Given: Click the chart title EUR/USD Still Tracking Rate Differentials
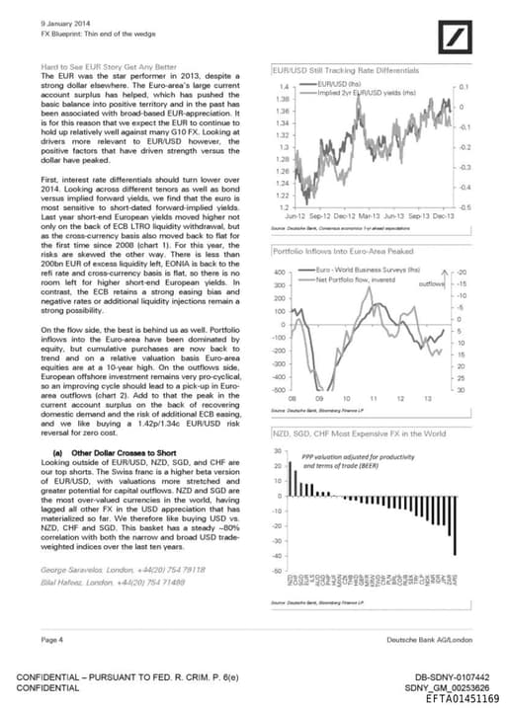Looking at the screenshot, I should pos(346,70).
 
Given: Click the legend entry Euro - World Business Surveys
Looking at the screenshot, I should pos(369,270).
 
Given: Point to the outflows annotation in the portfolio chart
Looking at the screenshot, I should pos(432,283).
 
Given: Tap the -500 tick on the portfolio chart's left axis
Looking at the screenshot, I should pos(279,389).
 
